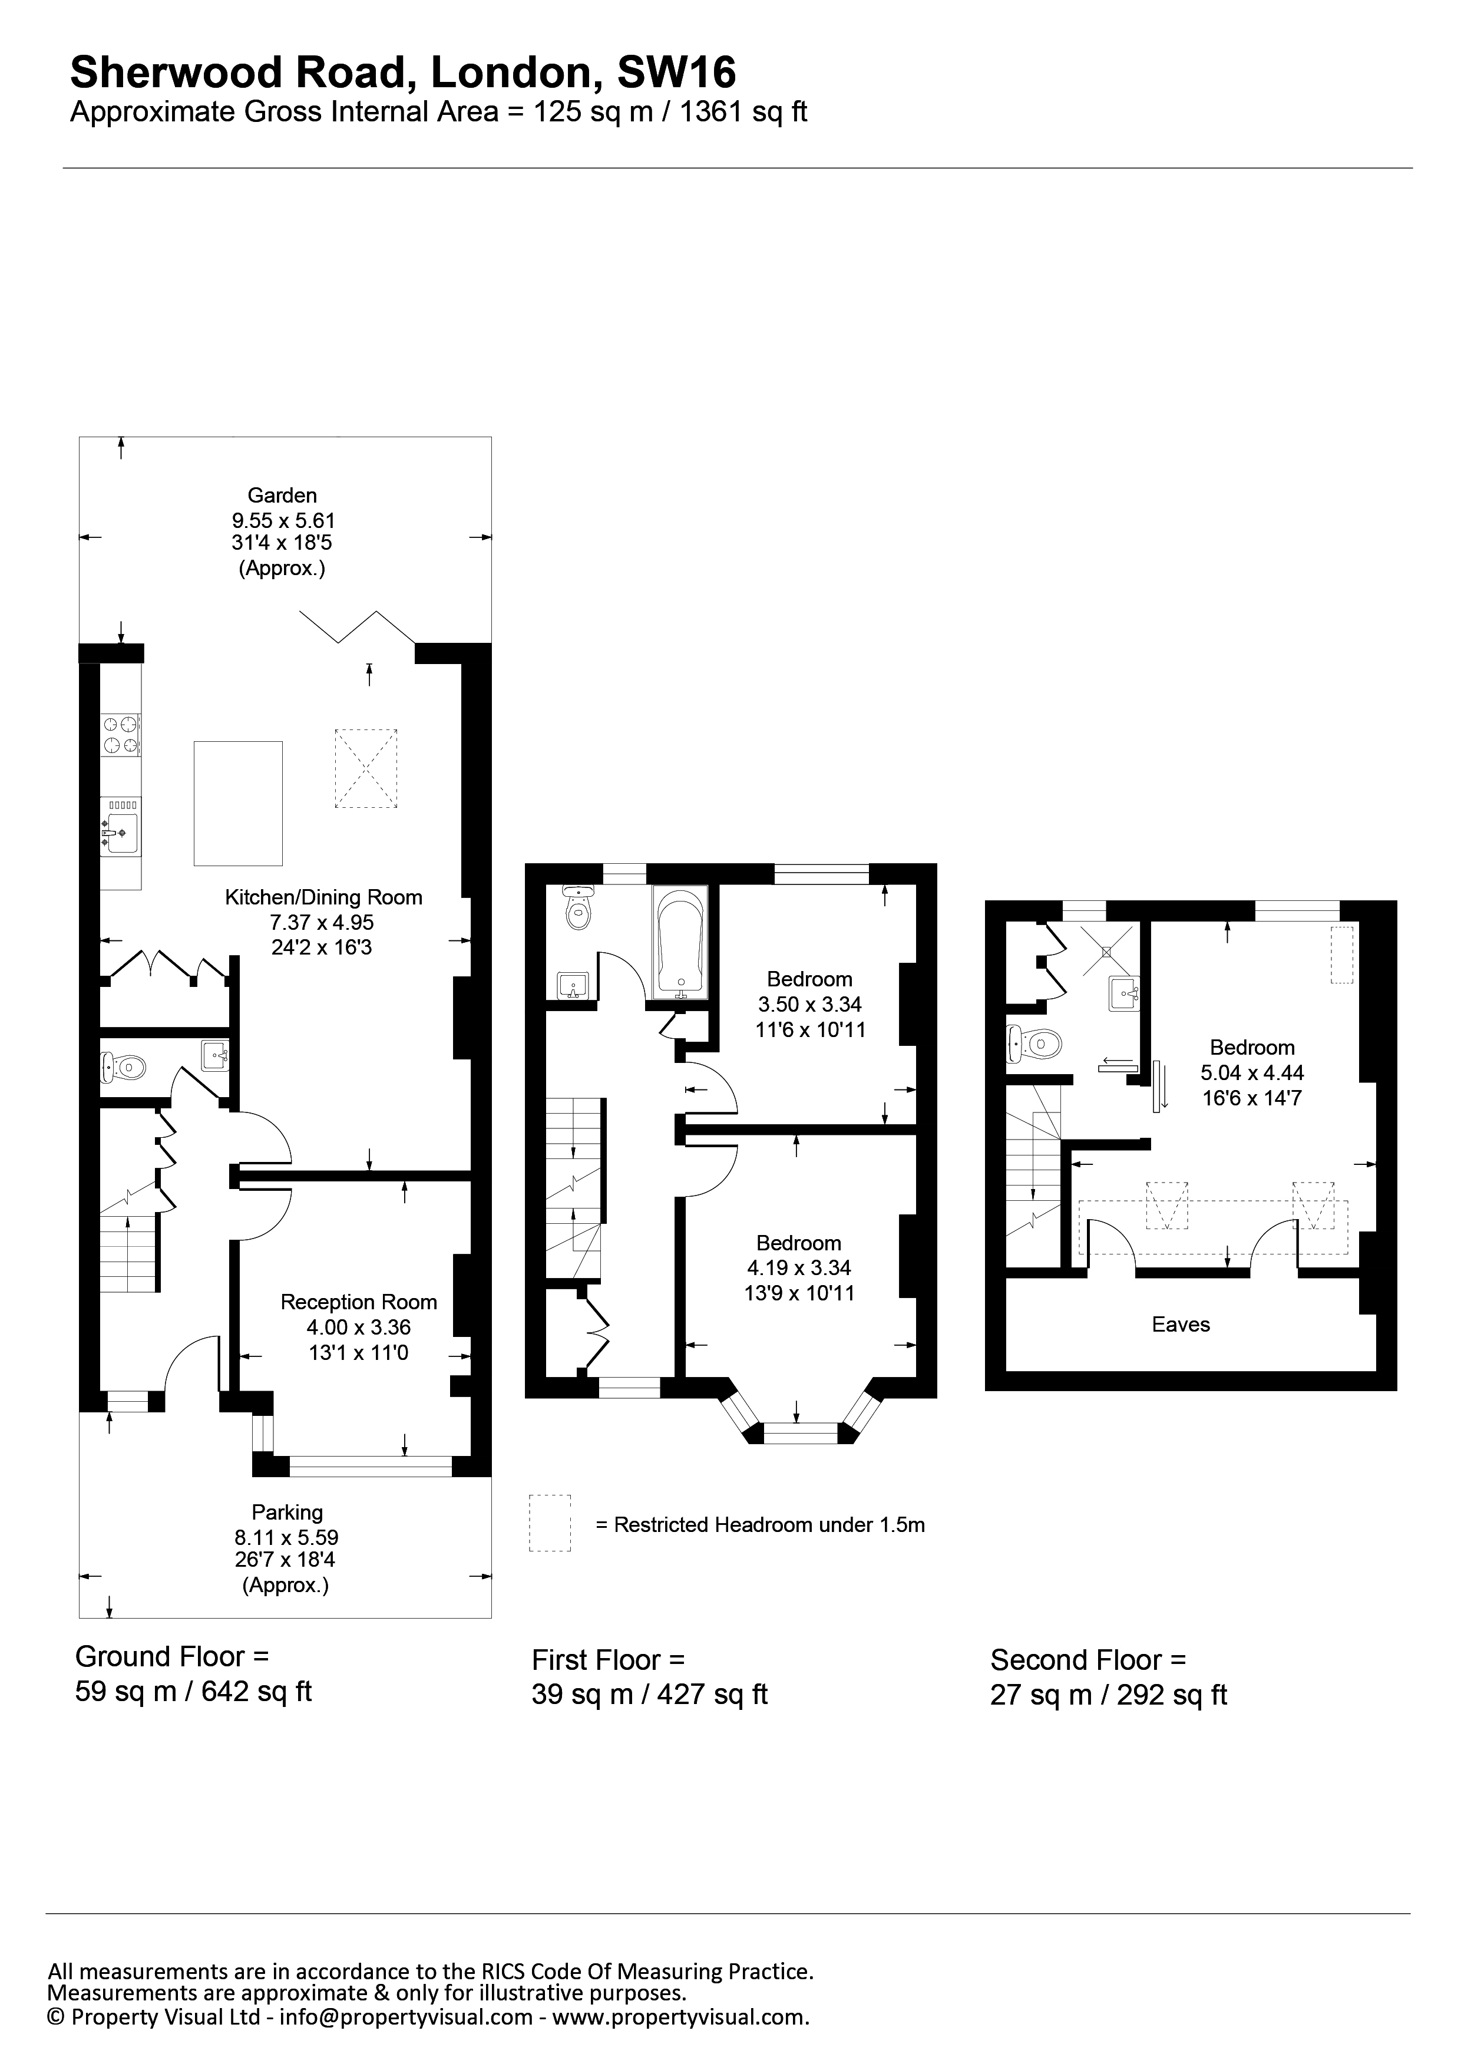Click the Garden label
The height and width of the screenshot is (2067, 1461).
pyautogui.click(x=283, y=495)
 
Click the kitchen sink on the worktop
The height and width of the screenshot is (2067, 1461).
pyautogui.click(x=120, y=826)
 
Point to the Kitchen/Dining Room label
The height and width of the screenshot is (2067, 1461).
pyautogui.click(x=323, y=897)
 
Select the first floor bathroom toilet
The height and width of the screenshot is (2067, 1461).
pyautogui.click(x=577, y=907)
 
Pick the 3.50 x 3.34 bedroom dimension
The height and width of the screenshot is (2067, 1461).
pyautogui.click(x=810, y=1005)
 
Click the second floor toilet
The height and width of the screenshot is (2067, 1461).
pyautogui.click(x=1033, y=1044)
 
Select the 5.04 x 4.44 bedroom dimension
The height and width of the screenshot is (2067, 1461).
pyautogui.click(x=1252, y=1073)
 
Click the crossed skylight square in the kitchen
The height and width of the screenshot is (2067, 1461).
pyautogui.click(x=366, y=768)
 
